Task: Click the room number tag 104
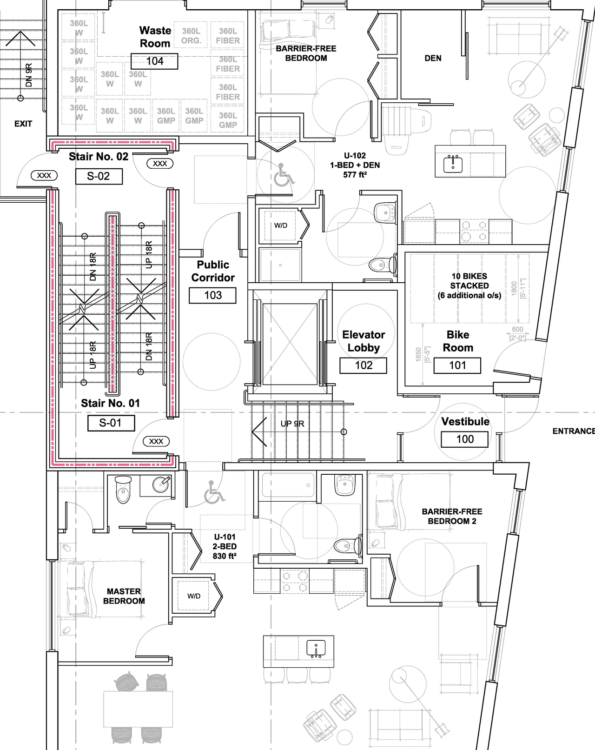click(x=154, y=61)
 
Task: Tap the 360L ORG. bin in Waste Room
click(x=191, y=36)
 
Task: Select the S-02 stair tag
click(x=99, y=176)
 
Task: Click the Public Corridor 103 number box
click(x=212, y=295)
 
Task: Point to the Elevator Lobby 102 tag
click(x=364, y=365)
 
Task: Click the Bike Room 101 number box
click(x=457, y=365)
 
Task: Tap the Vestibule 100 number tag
click(x=464, y=439)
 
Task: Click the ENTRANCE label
click(x=573, y=431)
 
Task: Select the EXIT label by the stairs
click(x=23, y=124)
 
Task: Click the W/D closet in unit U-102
click(x=280, y=226)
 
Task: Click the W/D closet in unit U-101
click(x=194, y=596)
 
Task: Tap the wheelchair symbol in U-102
click(x=283, y=175)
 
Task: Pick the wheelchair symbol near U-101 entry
click(x=214, y=493)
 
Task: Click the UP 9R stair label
click(x=292, y=424)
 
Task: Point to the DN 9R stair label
click(x=29, y=75)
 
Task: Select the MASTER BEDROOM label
click(x=124, y=596)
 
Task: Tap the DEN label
click(x=433, y=58)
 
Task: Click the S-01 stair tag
click(x=111, y=423)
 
